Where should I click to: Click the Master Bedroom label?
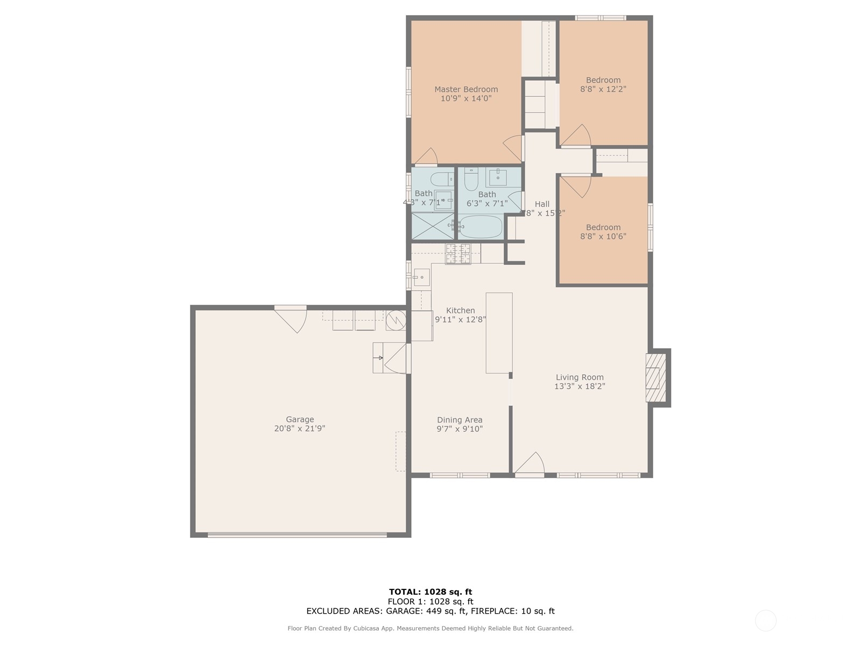click(x=466, y=89)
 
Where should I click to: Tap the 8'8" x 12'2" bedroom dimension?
click(x=603, y=89)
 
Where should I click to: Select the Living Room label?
click(x=580, y=377)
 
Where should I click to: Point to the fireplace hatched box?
click(x=653, y=378)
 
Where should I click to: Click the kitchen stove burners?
click(x=458, y=254)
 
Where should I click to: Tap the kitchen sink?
click(x=421, y=277)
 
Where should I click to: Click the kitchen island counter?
click(x=499, y=333)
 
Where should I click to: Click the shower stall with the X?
click(x=432, y=226)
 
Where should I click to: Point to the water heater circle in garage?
click(x=396, y=320)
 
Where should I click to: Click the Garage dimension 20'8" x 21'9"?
click(x=300, y=429)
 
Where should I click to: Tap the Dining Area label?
click(x=460, y=420)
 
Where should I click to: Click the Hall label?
click(x=542, y=204)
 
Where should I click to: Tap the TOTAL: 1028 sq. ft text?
click(x=430, y=592)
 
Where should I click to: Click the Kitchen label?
click(x=461, y=311)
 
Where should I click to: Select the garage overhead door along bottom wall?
click(x=297, y=535)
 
